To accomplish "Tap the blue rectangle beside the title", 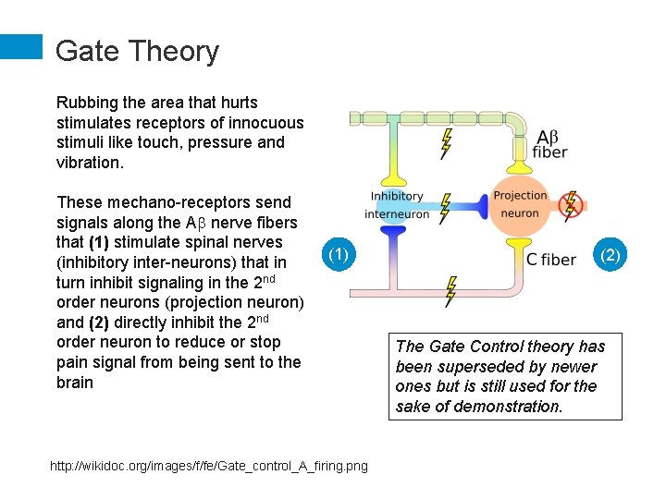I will pos(21,47).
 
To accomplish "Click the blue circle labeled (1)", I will pos(339,255).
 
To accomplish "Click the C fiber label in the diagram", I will pos(550,260).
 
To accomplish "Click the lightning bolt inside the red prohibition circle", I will pos(571,203).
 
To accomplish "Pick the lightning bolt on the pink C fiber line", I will pos(450,291).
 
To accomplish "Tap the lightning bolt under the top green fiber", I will pos(447,142).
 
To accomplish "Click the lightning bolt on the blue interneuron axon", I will pos(446,208).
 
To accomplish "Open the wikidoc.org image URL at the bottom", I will pos(208,466).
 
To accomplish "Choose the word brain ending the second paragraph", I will pos(75,383).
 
